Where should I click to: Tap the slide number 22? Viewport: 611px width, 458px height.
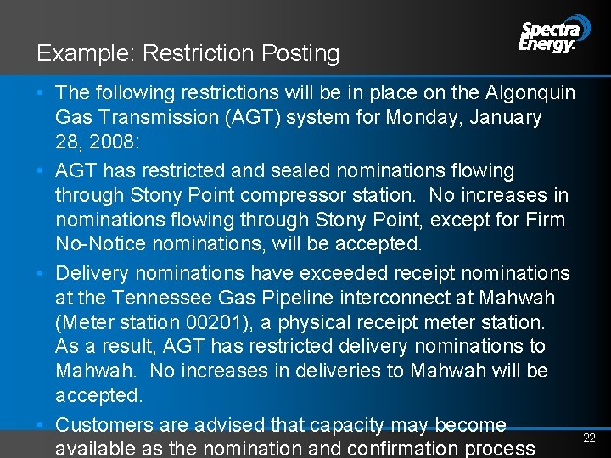pos(590,438)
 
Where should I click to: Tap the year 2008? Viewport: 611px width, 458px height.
pos(106,141)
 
